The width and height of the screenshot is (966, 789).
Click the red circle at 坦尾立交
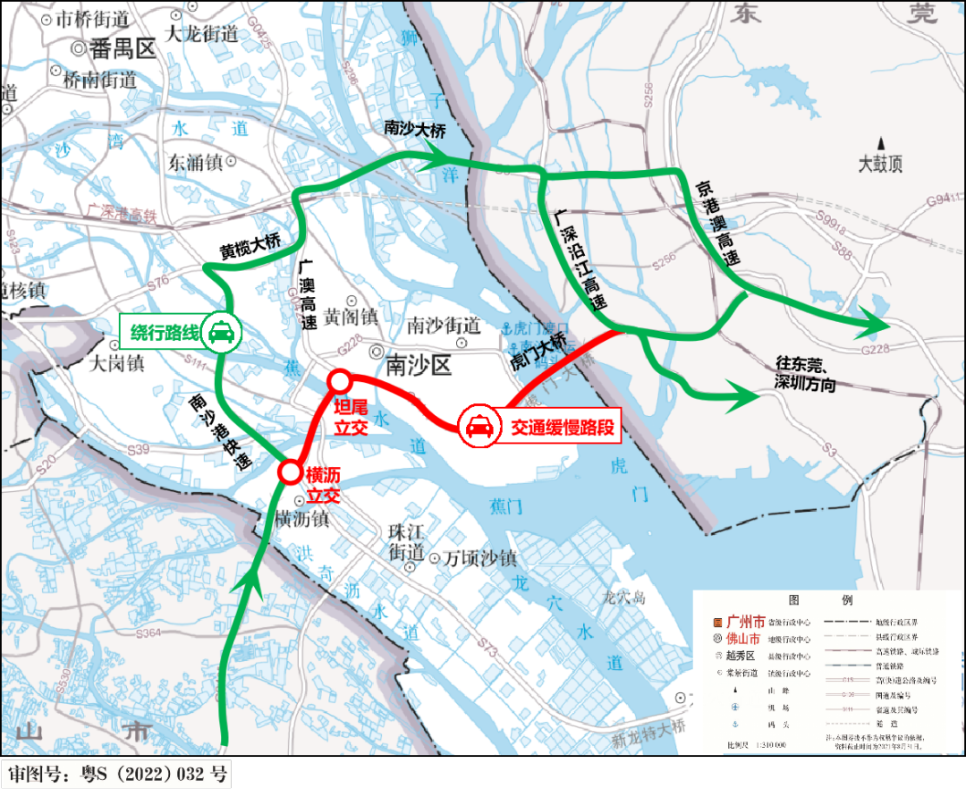click(339, 382)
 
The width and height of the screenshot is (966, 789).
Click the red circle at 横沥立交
click(289, 472)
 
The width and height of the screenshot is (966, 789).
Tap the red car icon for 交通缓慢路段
click(479, 427)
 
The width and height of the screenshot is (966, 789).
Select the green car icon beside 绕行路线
click(220, 332)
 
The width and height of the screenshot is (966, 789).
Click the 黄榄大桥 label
click(251, 250)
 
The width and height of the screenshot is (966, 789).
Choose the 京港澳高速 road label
click(717, 224)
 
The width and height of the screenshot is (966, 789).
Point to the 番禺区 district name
click(121, 49)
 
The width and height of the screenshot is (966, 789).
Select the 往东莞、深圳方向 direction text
click(806, 375)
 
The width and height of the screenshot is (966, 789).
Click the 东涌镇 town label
click(194, 163)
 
